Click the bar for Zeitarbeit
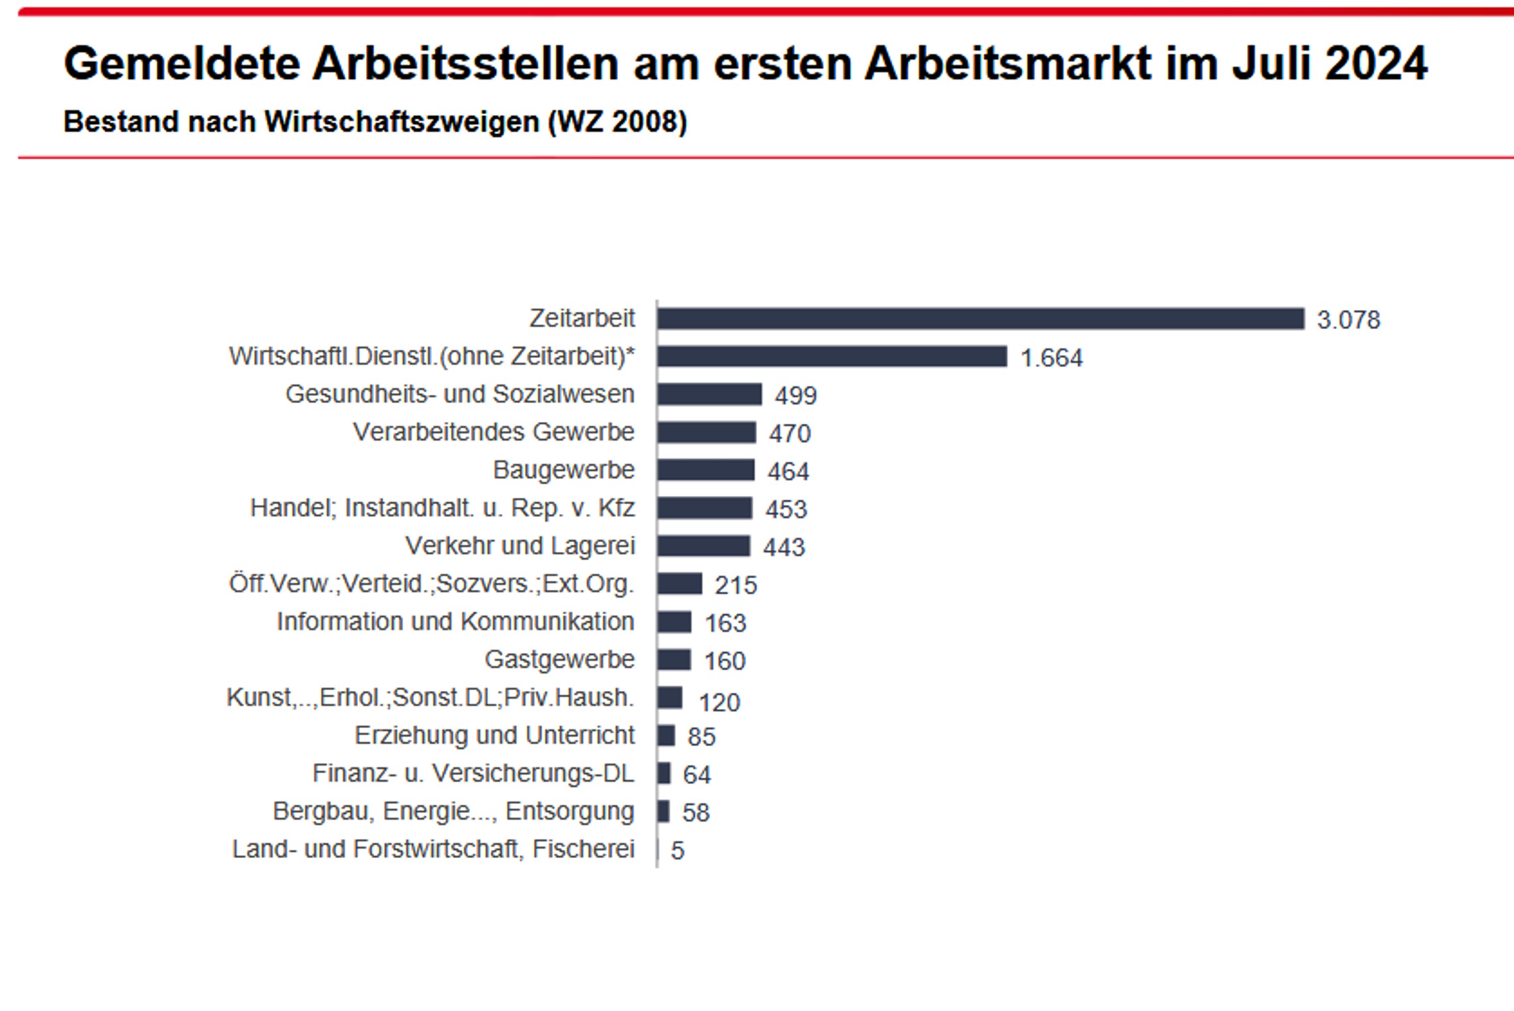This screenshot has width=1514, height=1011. click(x=981, y=319)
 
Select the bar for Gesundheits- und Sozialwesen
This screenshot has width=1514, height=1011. click(x=710, y=394)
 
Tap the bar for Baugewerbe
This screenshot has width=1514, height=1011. click(x=706, y=470)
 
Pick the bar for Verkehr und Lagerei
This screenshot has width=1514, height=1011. click(x=704, y=546)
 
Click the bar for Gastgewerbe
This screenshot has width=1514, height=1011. click(x=674, y=660)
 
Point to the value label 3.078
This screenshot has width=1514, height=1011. click(x=1348, y=320)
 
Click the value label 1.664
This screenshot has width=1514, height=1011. click(x=1052, y=358)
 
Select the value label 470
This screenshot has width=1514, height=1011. click(x=789, y=433)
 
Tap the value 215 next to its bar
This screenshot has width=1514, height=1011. click(x=735, y=585)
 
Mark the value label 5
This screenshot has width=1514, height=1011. click(x=677, y=851)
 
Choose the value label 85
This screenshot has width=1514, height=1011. click(x=701, y=737)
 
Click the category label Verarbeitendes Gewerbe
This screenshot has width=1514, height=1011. click(x=493, y=432)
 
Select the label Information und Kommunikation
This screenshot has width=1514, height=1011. click(x=455, y=621)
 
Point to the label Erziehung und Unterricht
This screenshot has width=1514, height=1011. click(x=494, y=735)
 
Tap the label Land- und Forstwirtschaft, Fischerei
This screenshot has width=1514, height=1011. click(x=433, y=849)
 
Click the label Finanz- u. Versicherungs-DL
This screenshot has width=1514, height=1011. click(x=473, y=773)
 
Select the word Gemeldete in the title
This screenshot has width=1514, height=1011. click(x=182, y=64)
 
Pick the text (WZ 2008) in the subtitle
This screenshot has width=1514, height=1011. click(x=617, y=122)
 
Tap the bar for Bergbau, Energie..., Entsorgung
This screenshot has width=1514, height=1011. click(x=664, y=811)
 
